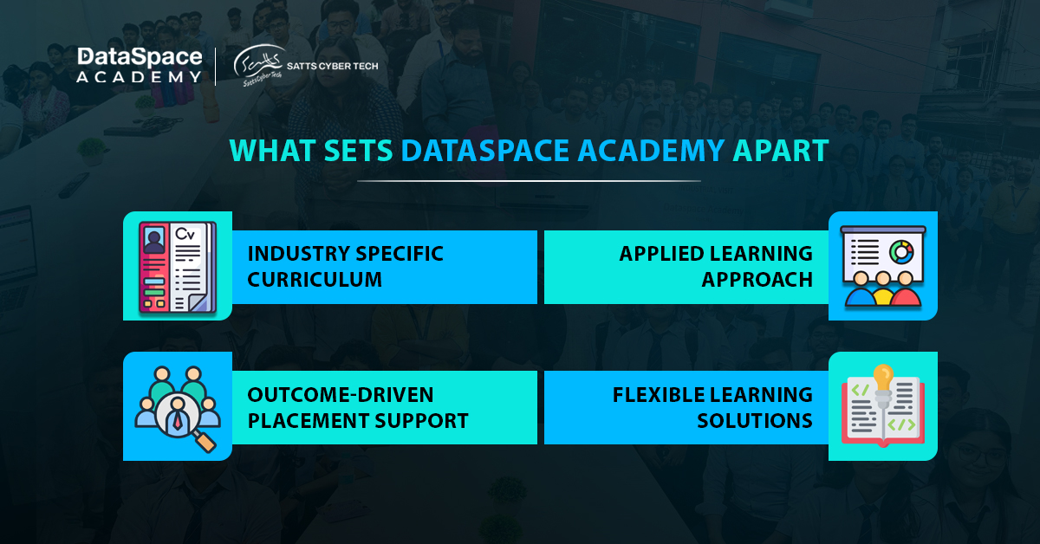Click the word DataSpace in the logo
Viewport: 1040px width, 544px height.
140,57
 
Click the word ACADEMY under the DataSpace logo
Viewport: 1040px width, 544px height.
139,77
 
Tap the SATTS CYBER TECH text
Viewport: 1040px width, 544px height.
333,66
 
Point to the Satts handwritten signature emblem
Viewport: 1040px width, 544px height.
258,65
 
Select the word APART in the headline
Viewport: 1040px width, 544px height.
781,151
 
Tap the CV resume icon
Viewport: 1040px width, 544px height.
178,267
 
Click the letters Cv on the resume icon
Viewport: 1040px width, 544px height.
185,234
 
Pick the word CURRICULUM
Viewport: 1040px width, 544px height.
315,280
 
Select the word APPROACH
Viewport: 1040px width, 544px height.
757,280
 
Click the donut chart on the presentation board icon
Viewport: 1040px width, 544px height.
901,252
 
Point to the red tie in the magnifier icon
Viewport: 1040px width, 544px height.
178,421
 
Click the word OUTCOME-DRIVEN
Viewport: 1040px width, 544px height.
341,394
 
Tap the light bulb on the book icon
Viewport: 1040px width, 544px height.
883,380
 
